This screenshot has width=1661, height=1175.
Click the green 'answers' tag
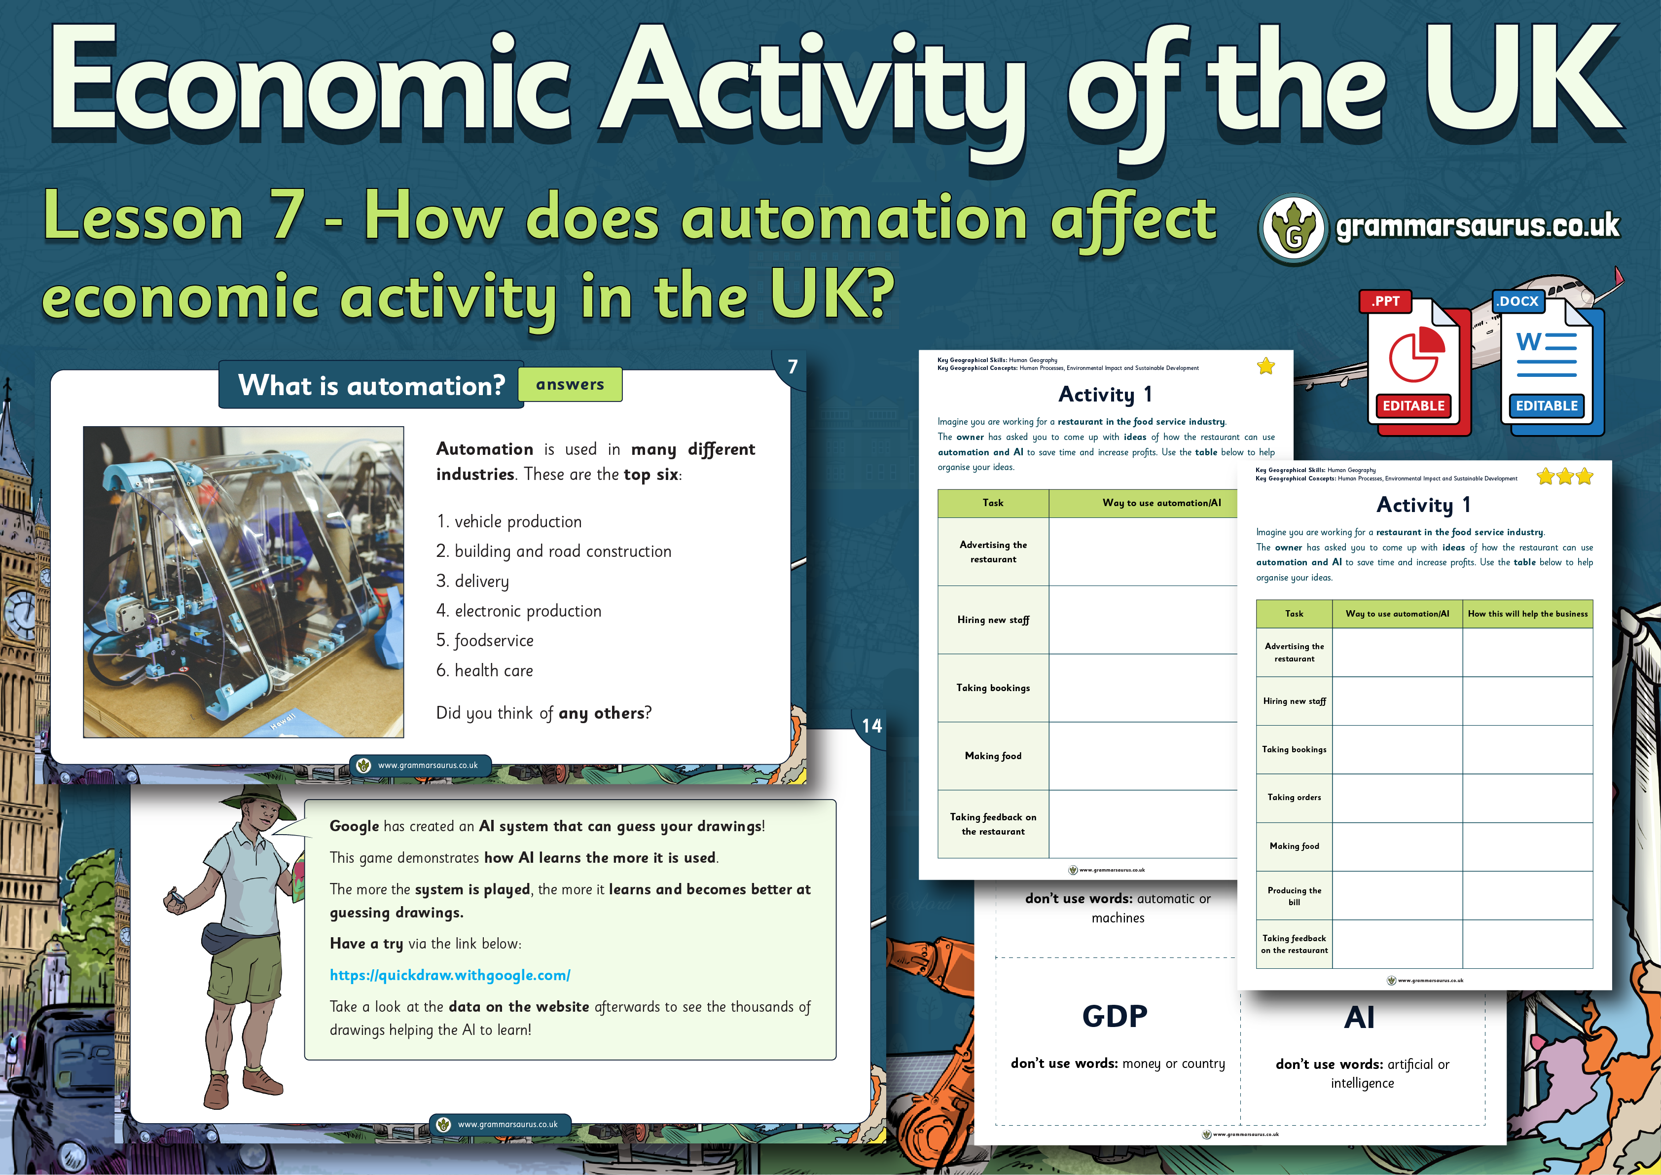570,384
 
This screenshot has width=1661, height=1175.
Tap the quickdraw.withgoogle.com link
450,975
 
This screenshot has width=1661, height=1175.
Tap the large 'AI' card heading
1359,1017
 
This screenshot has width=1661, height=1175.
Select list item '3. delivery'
472,582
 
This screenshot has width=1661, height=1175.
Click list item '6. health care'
485,671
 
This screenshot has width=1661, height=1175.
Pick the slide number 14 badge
872,726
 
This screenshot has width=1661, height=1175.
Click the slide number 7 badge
792,367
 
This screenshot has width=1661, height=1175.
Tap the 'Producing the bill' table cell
1294,896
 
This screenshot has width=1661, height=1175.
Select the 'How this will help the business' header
1528,614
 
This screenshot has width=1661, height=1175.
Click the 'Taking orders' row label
1294,797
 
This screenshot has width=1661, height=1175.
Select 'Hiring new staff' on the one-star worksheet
993,620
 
